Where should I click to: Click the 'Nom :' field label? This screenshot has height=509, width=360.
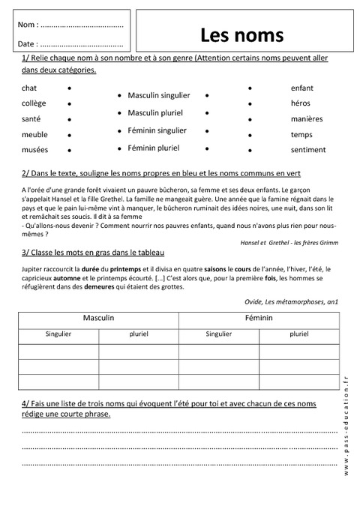point(28,25)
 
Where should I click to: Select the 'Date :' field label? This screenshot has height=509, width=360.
point(28,44)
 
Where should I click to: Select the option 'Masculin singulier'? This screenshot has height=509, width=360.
point(159,96)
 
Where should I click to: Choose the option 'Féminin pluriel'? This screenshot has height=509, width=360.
point(154,148)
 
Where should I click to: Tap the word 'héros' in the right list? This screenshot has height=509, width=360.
point(301,103)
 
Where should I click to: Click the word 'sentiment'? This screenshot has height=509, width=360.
point(307,150)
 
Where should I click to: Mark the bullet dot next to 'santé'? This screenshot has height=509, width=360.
point(70,119)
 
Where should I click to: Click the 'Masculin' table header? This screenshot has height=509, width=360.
point(98,319)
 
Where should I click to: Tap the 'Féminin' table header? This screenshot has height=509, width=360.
point(259,319)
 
